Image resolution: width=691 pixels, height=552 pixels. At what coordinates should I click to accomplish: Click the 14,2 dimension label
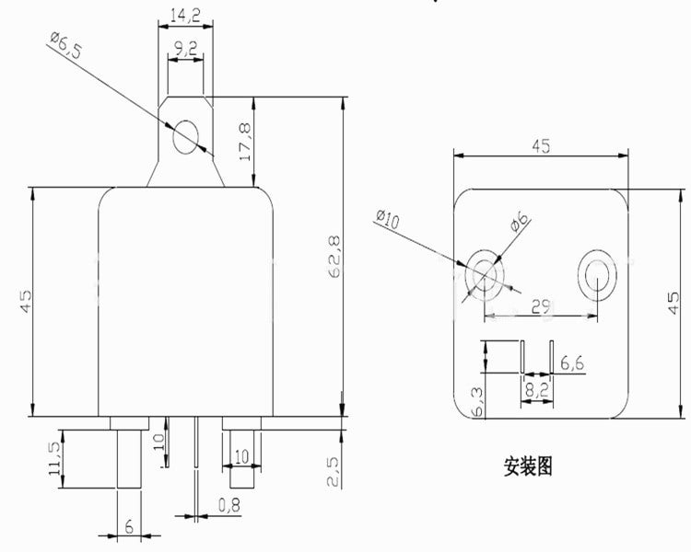(x=185, y=16)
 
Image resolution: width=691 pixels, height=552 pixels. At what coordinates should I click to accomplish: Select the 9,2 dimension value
(x=185, y=49)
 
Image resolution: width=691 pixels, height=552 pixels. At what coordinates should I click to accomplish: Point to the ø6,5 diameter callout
(x=66, y=45)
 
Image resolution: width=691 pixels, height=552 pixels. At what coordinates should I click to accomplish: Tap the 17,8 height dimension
(x=244, y=142)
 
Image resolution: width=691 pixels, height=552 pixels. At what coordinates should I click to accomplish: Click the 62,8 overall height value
(x=335, y=256)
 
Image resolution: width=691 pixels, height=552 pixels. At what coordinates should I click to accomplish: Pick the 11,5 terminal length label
(x=54, y=458)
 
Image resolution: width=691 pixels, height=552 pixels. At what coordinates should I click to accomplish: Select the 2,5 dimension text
(x=334, y=471)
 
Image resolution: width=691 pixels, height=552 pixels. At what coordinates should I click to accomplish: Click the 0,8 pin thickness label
(x=229, y=505)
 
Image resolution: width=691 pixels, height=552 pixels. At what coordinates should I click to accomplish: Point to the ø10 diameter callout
(x=388, y=219)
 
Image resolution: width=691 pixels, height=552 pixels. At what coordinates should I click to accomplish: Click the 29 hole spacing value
(x=541, y=306)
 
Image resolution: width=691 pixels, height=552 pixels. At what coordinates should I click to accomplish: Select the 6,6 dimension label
(x=572, y=363)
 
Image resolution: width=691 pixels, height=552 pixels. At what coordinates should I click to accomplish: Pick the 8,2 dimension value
(x=536, y=389)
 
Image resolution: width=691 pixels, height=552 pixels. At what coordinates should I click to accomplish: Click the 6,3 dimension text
(x=477, y=402)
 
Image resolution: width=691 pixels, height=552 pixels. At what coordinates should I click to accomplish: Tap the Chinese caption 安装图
(x=528, y=466)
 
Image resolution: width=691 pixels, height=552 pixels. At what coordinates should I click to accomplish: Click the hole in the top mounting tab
(x=185, y=137)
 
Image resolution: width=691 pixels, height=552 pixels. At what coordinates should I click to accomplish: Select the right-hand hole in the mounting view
(x=597, y=276)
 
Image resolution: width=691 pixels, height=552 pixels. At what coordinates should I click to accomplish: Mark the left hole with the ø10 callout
(x=485, y=276)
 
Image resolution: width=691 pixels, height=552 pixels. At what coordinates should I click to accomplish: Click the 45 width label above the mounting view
(x=541, y=146)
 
